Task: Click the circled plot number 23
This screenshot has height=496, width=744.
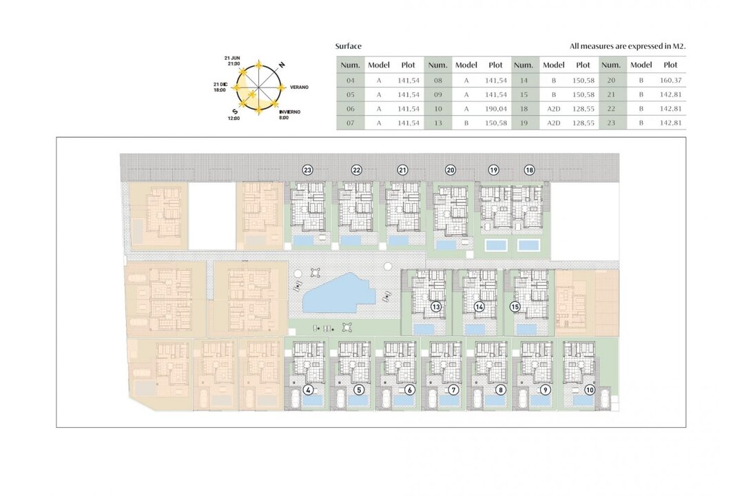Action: click(308, 169)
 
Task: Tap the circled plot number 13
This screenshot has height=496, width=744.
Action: click(435, 307)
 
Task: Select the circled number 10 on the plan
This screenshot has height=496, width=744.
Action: click(589, 390)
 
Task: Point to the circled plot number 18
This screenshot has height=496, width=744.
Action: click(529, 169)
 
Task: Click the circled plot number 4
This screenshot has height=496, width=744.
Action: click(309, 390)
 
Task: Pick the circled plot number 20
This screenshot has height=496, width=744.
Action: click(451, 169)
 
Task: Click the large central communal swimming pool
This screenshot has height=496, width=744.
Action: click(338, 293)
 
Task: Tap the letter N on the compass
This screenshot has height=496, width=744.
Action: click(282, 65)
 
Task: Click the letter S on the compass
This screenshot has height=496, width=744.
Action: click(235, 112)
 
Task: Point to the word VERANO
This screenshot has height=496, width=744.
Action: click(299, 87)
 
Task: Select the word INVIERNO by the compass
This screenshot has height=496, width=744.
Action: click(290, 112)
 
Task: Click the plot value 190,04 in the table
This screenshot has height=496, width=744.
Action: click(495, 109)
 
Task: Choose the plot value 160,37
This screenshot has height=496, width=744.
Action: click(670, 80)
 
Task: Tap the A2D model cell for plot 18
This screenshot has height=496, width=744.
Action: click(553, 109)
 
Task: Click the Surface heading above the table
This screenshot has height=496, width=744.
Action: click(349, 46)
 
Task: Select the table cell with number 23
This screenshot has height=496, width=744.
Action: click(610, 123)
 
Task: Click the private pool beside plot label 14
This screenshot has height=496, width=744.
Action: click(475, 329)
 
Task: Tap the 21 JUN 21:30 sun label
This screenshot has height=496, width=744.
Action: click(233, 61)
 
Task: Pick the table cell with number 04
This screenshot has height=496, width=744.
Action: click(350, 80)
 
